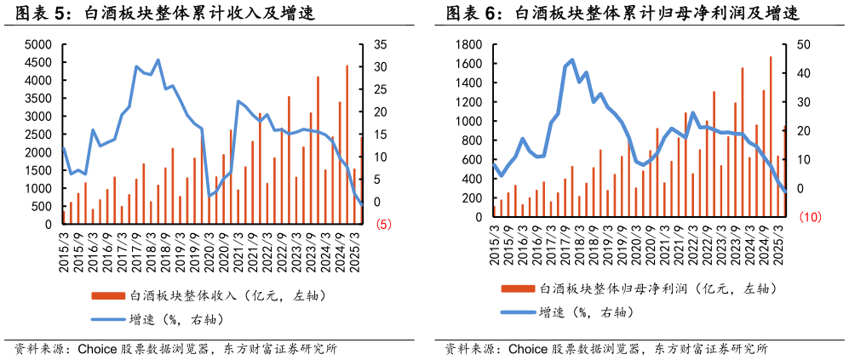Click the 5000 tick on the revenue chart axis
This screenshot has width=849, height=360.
click(x=39, y=44)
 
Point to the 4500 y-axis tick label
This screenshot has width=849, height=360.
click(x=39, y=62)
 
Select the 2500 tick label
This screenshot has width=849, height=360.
click(x=39, y=134)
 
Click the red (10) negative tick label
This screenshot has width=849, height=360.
click(x=810, y=218)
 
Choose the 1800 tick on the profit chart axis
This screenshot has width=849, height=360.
click(x=469, y=44)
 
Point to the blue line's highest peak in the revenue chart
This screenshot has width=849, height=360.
click(x=158, y=60)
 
